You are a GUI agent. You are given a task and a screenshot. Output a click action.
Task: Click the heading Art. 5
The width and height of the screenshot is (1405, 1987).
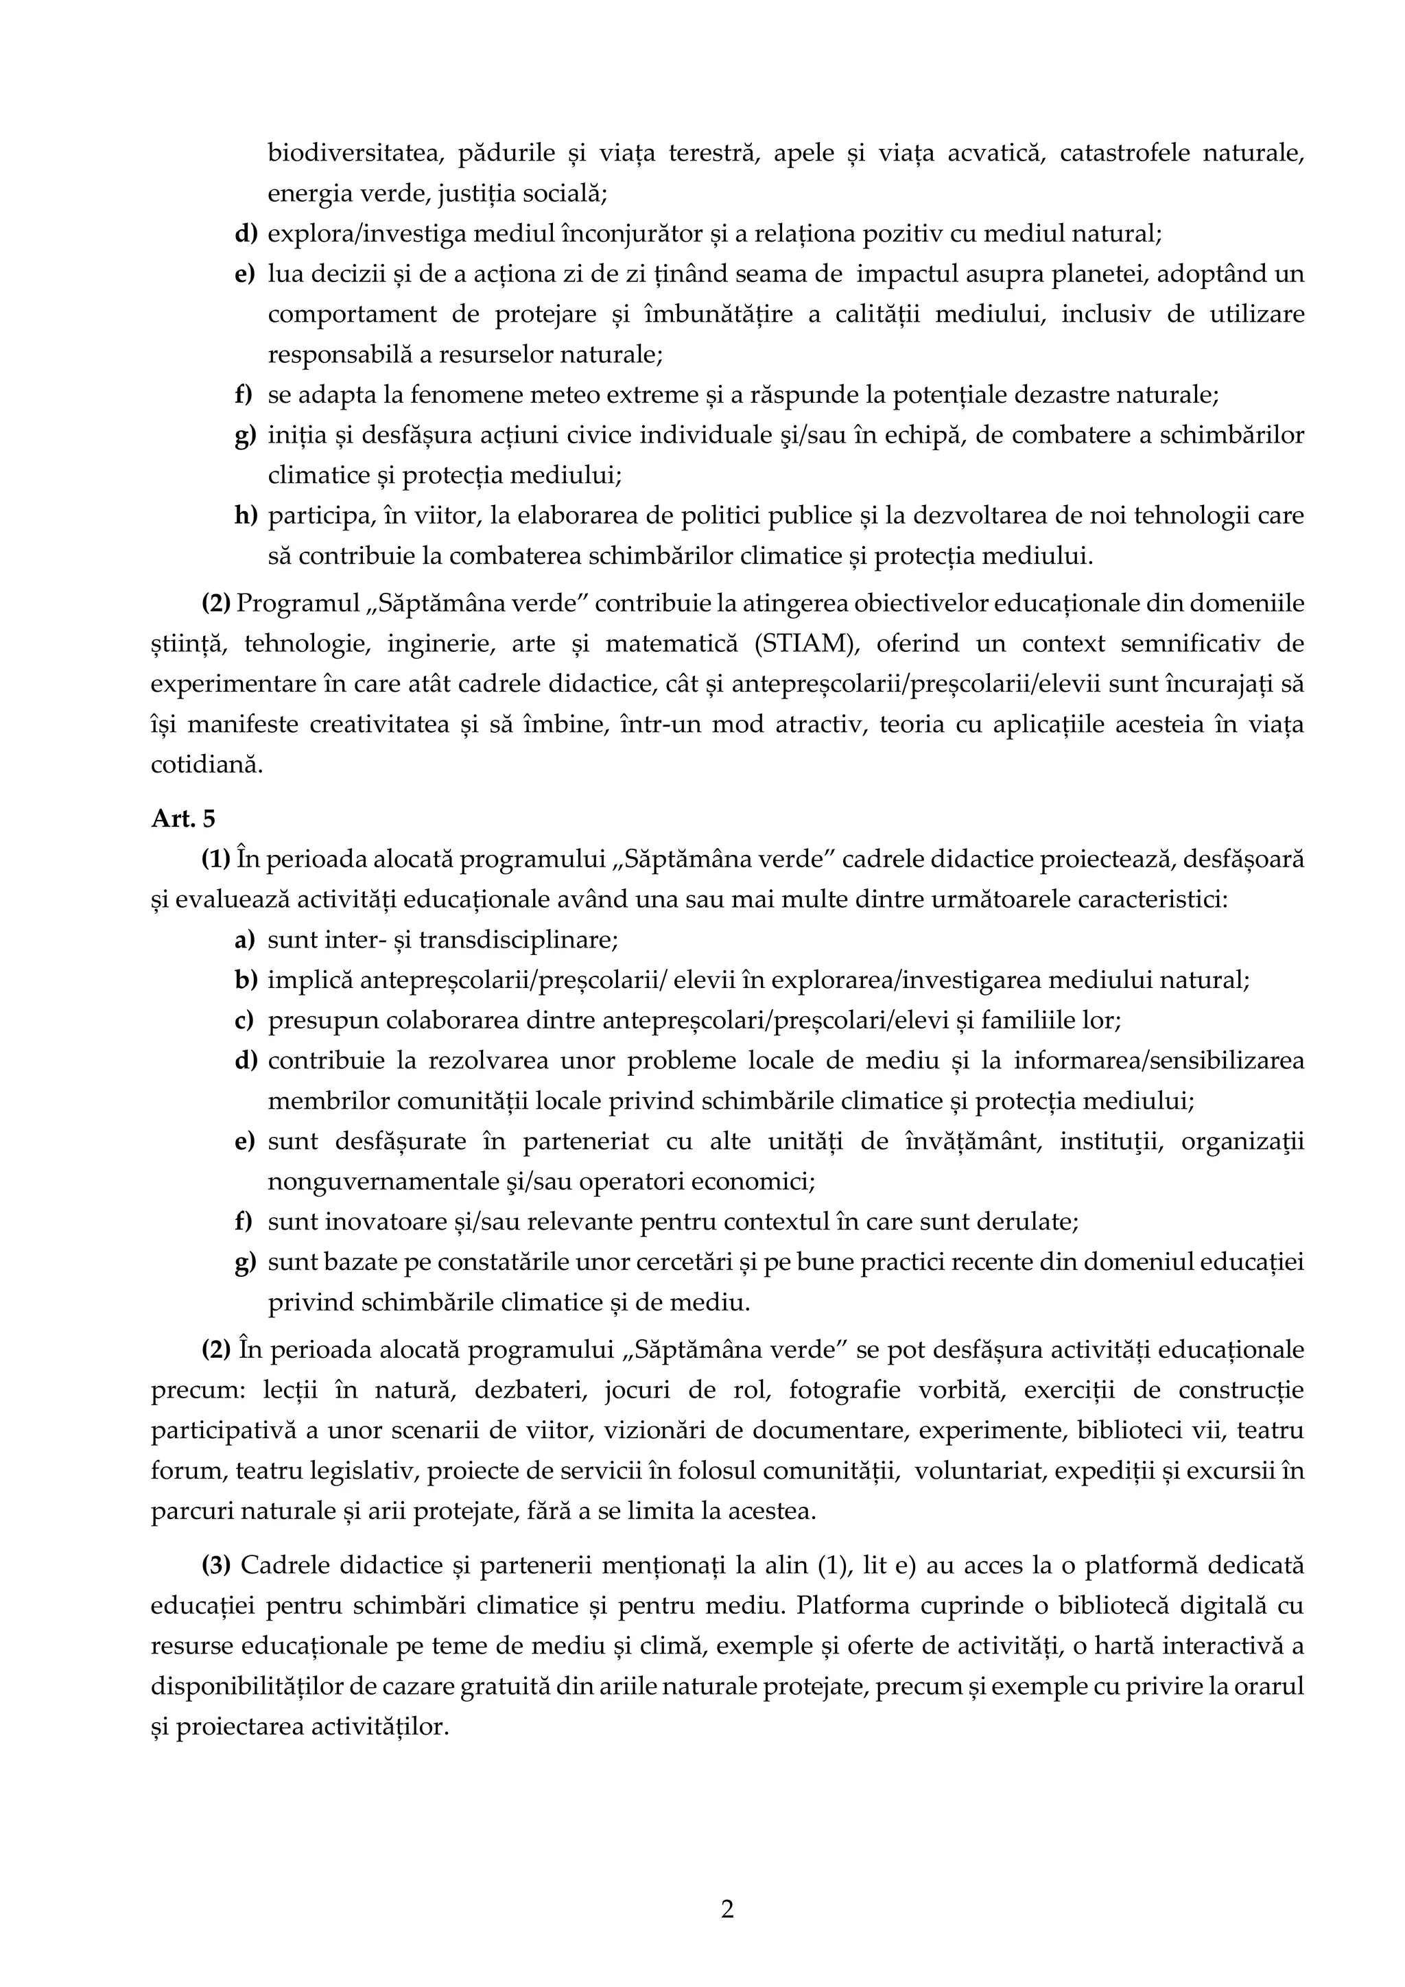tap(182, 819)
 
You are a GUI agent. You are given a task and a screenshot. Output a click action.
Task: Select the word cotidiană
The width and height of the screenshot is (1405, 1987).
tap(206, 764)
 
